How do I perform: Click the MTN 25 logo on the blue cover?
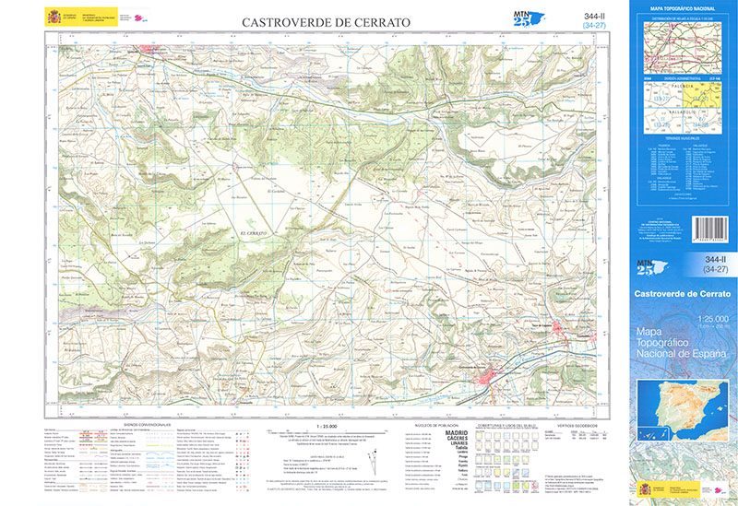pos(649,267)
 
